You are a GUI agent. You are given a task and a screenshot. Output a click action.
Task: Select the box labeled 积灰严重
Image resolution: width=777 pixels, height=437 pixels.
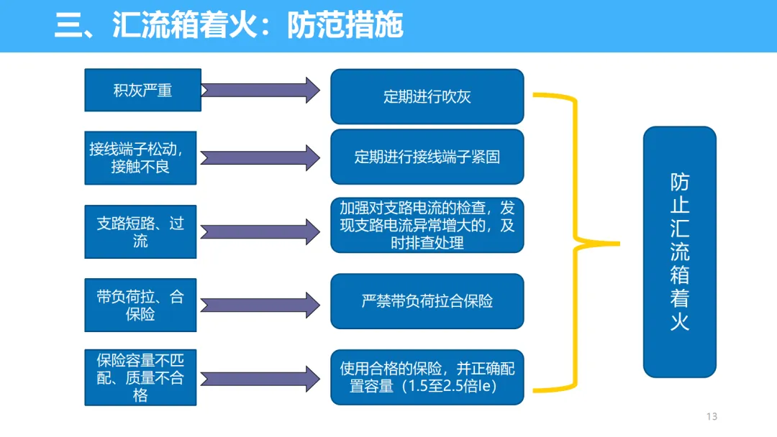[x=142, y=90]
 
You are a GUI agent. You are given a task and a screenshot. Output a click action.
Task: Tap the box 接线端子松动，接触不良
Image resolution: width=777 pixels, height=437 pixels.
[x=140, y=158]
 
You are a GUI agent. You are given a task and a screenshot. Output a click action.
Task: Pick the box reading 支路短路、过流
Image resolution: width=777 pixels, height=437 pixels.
[x=140, y=231]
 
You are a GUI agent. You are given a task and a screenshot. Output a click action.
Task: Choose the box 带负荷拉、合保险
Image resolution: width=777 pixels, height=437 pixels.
[x=140, y=305]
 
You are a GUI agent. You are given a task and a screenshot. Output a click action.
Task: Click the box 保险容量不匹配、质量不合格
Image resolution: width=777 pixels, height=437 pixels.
[x=140, y=377]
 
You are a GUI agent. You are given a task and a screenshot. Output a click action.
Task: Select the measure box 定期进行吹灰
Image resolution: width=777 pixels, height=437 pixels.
[x=427, y=96]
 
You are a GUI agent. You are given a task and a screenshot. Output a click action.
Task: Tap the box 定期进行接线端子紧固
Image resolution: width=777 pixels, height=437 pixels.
[x=427, y=157]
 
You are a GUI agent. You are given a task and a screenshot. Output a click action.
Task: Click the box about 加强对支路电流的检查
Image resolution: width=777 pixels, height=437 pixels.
[x=427, y=225]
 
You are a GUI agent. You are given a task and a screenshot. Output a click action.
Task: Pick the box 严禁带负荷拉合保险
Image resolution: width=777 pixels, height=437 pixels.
[x=427, y=301]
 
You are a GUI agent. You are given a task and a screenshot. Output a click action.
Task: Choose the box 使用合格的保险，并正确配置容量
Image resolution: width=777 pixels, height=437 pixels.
[x=427, y=377]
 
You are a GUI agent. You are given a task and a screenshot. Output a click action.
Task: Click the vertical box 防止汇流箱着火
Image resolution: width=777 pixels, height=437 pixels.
[x=679, y=252]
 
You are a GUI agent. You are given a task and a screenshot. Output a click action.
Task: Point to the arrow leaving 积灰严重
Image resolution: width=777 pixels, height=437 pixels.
[x=260, y=90]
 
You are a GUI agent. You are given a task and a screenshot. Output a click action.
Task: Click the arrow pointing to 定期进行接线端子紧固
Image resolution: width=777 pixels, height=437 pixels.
[x=260, y=158]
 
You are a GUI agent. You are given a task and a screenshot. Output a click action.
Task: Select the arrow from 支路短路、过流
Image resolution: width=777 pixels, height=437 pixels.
[x=260, y=231]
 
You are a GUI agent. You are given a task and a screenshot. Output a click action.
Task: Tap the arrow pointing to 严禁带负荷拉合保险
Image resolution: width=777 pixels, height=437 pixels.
[x=260, y=305]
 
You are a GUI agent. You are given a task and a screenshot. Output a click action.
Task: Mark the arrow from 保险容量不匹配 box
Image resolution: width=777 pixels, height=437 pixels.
[x=260, y=379]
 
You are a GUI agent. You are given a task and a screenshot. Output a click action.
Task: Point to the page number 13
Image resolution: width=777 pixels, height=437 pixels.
[x=712, y=416]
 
